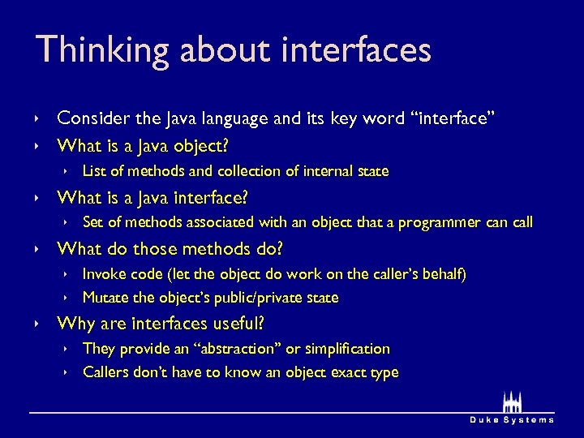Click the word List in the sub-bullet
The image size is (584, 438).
93,171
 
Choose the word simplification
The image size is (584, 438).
346,349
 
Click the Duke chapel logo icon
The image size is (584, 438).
511,402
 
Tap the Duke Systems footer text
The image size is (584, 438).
512,419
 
